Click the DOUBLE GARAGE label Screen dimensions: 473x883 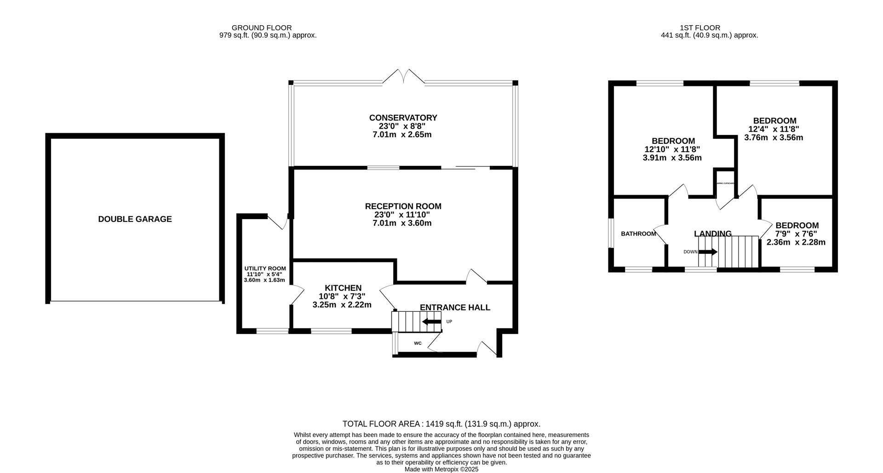(135, 219)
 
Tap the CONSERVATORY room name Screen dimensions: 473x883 (403, 118)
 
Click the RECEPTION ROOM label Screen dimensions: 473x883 (403, 206)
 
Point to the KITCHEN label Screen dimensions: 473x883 (343, 288)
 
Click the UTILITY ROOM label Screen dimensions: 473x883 (265, 268)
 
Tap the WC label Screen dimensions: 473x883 (418, 343)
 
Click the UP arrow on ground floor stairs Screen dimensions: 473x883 (431, 321)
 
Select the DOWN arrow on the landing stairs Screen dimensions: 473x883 (708, 252)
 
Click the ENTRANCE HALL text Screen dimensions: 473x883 (455, 307)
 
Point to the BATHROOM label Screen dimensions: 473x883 (638, 234)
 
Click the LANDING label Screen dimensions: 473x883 (712, 233)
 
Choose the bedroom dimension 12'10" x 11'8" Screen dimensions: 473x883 (672, 149)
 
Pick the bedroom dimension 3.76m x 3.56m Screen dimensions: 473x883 (774, 137)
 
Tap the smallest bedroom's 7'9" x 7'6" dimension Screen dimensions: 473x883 (796, 234)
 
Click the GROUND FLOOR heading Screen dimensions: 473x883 (261, 28)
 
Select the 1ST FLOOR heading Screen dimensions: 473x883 (700, 28)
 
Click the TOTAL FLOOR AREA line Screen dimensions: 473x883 (441, 424)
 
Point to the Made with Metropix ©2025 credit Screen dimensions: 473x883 (441, 469)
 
